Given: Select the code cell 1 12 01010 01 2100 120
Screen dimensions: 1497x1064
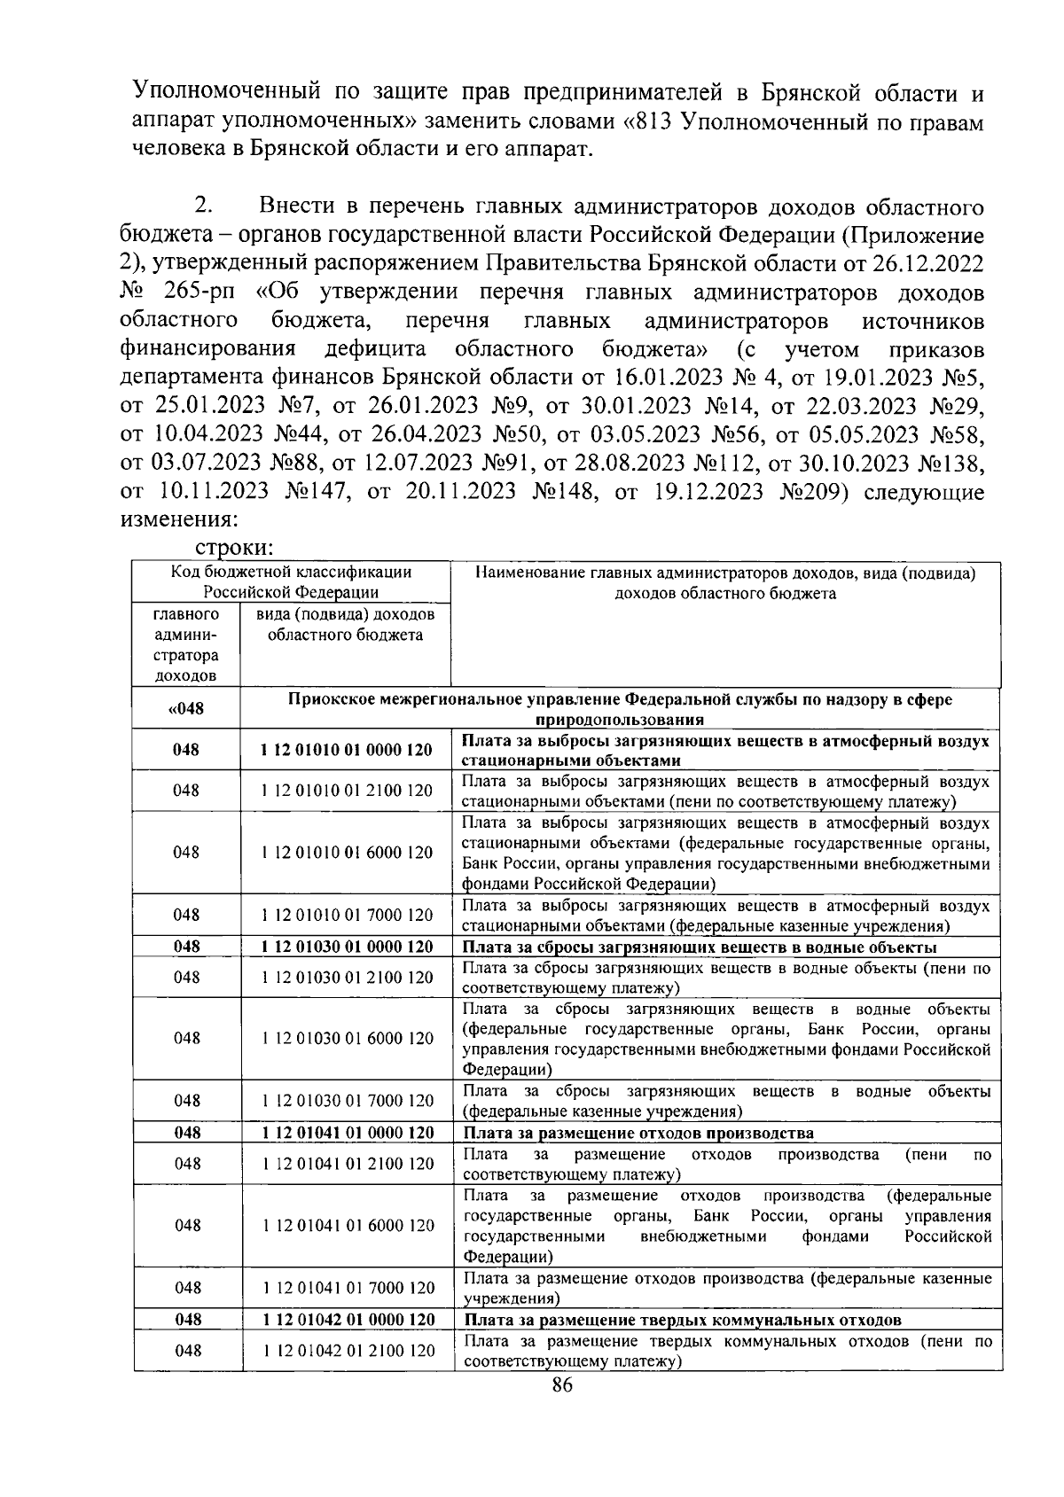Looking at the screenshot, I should (x=347, y=791).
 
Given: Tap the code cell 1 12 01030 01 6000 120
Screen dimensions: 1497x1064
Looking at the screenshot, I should (x=347, y=1038).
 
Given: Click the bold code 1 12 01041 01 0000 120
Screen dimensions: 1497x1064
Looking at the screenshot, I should (x=347, y=1133).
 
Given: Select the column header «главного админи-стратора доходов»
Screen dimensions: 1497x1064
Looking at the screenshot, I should (x=186, y=645).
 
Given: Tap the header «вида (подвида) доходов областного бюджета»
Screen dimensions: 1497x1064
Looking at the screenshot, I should (x=346, y=625).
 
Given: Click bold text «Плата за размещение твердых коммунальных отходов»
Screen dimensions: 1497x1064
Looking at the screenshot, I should (x=682, y=1320).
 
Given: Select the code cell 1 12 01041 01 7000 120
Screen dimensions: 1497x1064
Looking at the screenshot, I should (x=347, y=1288).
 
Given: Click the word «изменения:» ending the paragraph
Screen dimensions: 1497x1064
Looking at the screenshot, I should (x=177, y=518).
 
